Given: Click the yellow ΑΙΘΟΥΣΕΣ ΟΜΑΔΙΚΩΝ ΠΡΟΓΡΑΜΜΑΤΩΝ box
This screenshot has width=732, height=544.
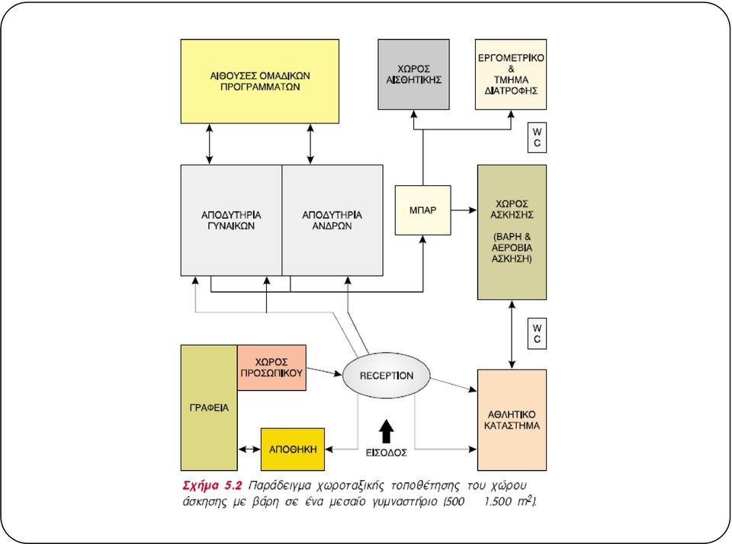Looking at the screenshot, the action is pyautogui.click(x=259, y=82).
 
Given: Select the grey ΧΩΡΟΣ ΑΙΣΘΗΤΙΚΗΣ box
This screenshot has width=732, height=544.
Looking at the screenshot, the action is pyautogui.click(x=413, y=75).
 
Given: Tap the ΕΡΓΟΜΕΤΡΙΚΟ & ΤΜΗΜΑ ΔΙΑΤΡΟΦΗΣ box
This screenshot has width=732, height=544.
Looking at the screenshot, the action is pyautogui.click(x=511, y=75).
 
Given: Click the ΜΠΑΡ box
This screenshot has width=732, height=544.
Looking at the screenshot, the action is pyautogui.click(x=423, y=210).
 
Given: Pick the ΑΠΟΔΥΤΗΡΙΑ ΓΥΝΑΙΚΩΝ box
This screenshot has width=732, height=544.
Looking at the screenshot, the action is pyautogui.click(x=231, y=220).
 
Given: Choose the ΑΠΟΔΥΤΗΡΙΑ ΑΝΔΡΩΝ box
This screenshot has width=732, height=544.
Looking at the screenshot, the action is pyautogui.click(x=332, y=220).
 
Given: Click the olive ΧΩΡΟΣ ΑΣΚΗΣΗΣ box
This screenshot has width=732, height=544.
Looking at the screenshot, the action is pyautogui.click(x=512, y=232).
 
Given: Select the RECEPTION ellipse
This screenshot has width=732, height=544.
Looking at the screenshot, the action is pyautogui.click(x=387, y=376).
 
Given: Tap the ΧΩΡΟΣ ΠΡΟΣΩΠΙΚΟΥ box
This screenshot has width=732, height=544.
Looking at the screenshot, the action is pyautogui.click(x=271, y=368).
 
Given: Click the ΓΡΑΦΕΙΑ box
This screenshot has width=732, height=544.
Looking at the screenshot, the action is pyautogui.click(x=209, y=408).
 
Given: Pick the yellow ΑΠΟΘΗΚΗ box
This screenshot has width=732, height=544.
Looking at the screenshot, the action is pyautogui.click(x=293, y=450).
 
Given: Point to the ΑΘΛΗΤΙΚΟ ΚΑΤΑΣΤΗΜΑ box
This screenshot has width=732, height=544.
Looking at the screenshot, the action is pyautogui.click(x=512, y=420).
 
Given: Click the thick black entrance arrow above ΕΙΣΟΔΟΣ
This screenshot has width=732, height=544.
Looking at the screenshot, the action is pyautogui.click(x=386, y=431).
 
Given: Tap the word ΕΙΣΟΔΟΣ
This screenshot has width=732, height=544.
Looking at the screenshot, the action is pyautogui.click(x=387, y=453).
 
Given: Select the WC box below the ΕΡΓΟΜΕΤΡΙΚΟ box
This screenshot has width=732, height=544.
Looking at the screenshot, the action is pyautogui.click(x=537, y=138).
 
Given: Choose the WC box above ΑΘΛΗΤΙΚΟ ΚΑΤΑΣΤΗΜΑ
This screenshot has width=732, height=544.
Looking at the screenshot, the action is pyautogui.click(x=537, y=334).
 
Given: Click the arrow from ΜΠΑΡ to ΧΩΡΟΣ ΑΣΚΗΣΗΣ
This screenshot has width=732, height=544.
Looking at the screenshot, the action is pyautogui.click(x=464, y=210).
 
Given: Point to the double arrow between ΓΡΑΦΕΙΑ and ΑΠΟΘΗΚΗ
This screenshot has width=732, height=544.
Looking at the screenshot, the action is pyautogui.click(x=249, y=450).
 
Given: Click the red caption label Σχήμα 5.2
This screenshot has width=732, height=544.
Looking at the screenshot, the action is pyautogui.click(x=212, y=485).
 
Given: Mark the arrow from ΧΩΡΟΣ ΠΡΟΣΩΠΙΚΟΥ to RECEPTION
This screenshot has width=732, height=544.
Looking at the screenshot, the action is pyautogui.click(x=325, y=371).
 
